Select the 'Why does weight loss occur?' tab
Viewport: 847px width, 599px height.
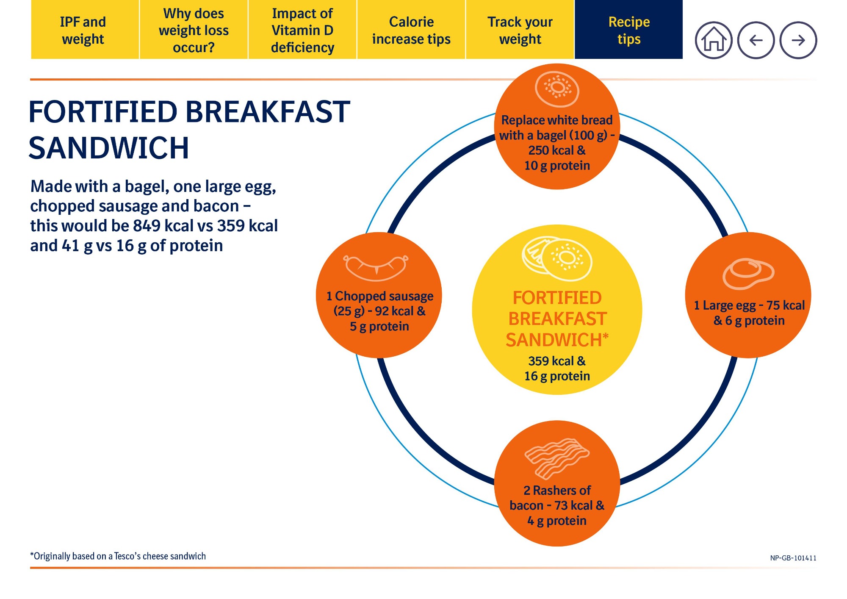pos(194,30)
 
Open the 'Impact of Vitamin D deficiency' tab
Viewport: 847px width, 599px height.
pos(302,30)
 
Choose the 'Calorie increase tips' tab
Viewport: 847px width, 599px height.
pos(411,30)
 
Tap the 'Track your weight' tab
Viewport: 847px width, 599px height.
pos(520,30)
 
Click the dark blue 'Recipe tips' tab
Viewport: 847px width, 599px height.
pos(629,30)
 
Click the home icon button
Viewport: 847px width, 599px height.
pos(714,40)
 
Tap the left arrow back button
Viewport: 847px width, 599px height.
pos(756,40)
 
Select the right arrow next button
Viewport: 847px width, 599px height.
pos(798,40)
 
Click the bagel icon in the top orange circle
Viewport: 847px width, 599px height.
pos(557,89)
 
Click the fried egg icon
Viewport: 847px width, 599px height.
pos(748,274)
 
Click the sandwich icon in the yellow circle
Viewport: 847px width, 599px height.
pos(557,258)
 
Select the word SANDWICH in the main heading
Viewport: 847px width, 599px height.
pos(109,148)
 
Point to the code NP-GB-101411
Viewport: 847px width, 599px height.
pos(793,558)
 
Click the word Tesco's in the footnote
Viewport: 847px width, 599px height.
pos(127,556)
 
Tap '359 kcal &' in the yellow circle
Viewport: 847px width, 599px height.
pos(557,361)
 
